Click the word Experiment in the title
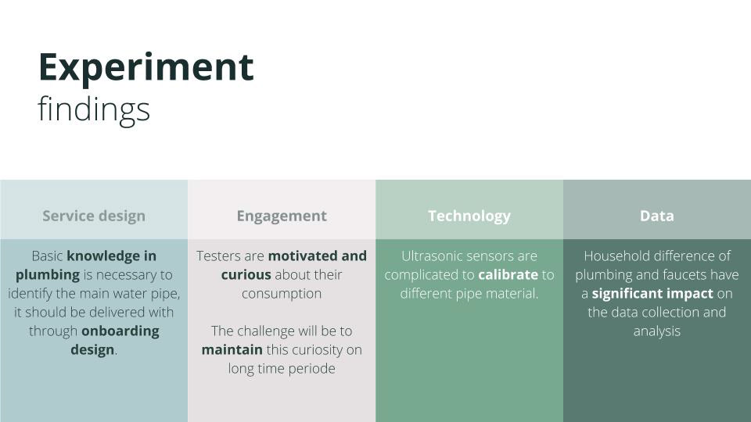(146, 69)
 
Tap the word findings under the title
(94, 110)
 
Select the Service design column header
(94, 216)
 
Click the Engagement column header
(282, 216)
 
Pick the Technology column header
(469, 216)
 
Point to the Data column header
(657, 216)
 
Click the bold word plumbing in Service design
(48, 275)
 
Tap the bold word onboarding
(120, 331)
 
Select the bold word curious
(246, 274)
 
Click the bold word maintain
(232, 350)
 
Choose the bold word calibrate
(508, 274)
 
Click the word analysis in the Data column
(657, 331)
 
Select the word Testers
(218, 256)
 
